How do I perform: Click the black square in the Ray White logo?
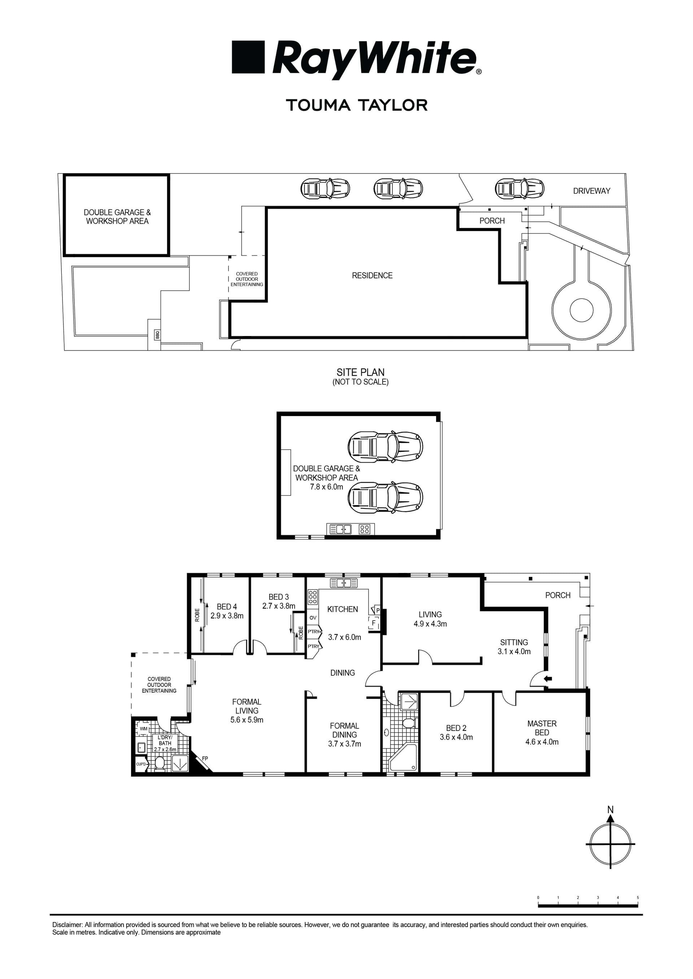coord(248,57)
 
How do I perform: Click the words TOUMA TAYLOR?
coord(356,105)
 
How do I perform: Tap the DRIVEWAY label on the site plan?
coord(592,191)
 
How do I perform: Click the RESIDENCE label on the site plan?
coord(372,275)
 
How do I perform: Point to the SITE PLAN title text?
coord(360,372)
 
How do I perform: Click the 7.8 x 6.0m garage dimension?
coord(326,487)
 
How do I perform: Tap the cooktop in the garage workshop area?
coord(365,529)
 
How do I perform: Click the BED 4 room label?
coord(227,607)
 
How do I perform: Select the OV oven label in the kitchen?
coord(313,618)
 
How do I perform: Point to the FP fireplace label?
coord(205,759)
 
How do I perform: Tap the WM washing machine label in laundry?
coord(144,729)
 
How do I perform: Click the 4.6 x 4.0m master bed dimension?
coord(541,742)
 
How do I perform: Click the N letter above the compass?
coord(610,810)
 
